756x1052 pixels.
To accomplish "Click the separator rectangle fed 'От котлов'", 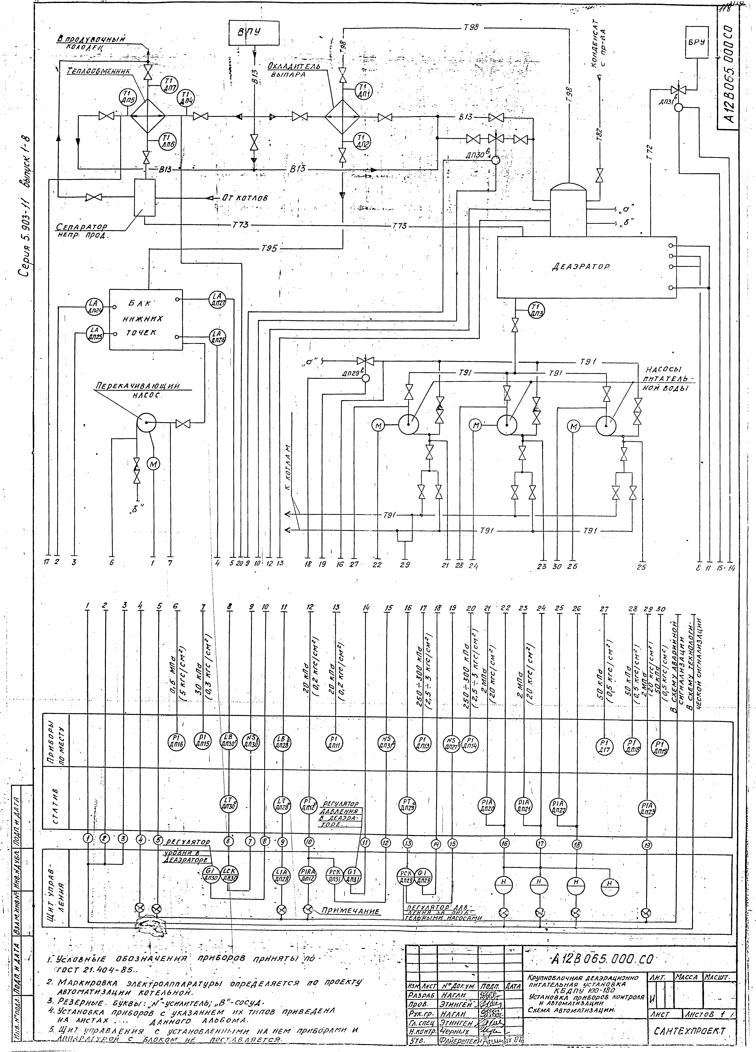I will [144, 198].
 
